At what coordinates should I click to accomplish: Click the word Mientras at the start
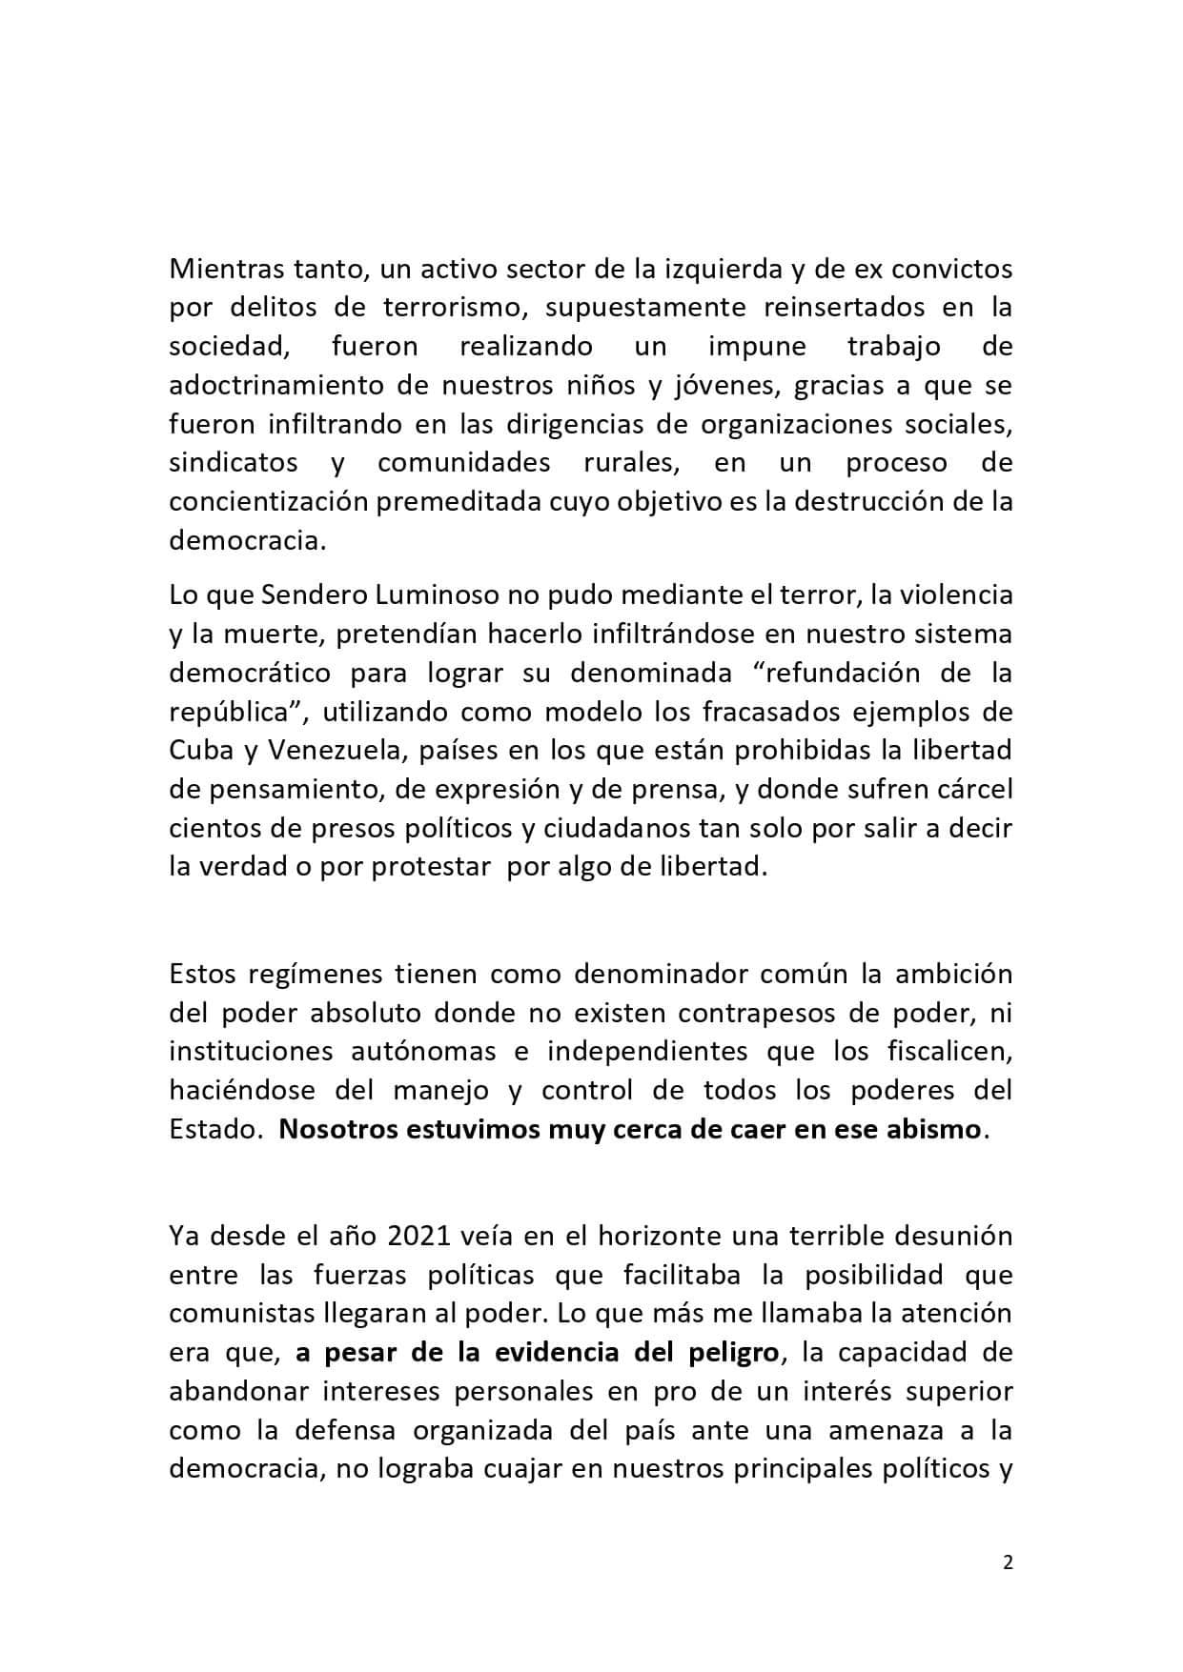point(220,269)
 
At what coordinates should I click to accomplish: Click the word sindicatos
point(233,463)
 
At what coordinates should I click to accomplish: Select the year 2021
point(420,1236)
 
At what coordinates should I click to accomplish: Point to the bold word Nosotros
point(338,1130)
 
